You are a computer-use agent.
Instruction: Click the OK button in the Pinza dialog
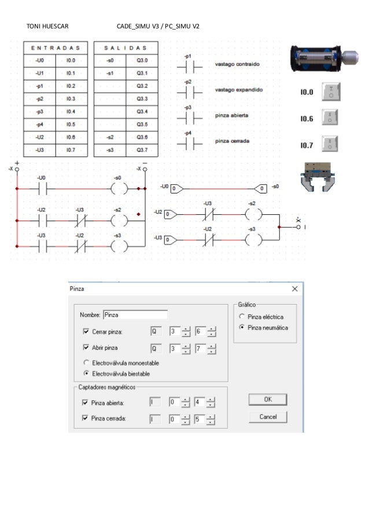coord(267,399)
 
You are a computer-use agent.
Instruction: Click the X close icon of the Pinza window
coord(295,288)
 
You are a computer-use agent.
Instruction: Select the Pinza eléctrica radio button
coord(242,317)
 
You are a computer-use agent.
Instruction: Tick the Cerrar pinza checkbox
coord(86,332)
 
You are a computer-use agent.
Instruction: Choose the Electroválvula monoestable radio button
coord(86,363)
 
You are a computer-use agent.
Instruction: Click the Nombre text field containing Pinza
coord(135,315)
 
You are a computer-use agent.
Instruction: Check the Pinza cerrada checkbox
coord(86,418)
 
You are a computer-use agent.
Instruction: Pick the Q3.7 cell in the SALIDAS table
coord(142,150)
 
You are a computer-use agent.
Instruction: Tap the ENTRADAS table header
coord(56,48)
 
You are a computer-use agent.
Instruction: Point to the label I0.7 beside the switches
coord(307,146)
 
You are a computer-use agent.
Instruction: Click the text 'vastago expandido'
coord(239,90)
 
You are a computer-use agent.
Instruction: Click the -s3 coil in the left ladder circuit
coord(119,246)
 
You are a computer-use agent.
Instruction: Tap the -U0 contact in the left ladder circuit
coord(42,189)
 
